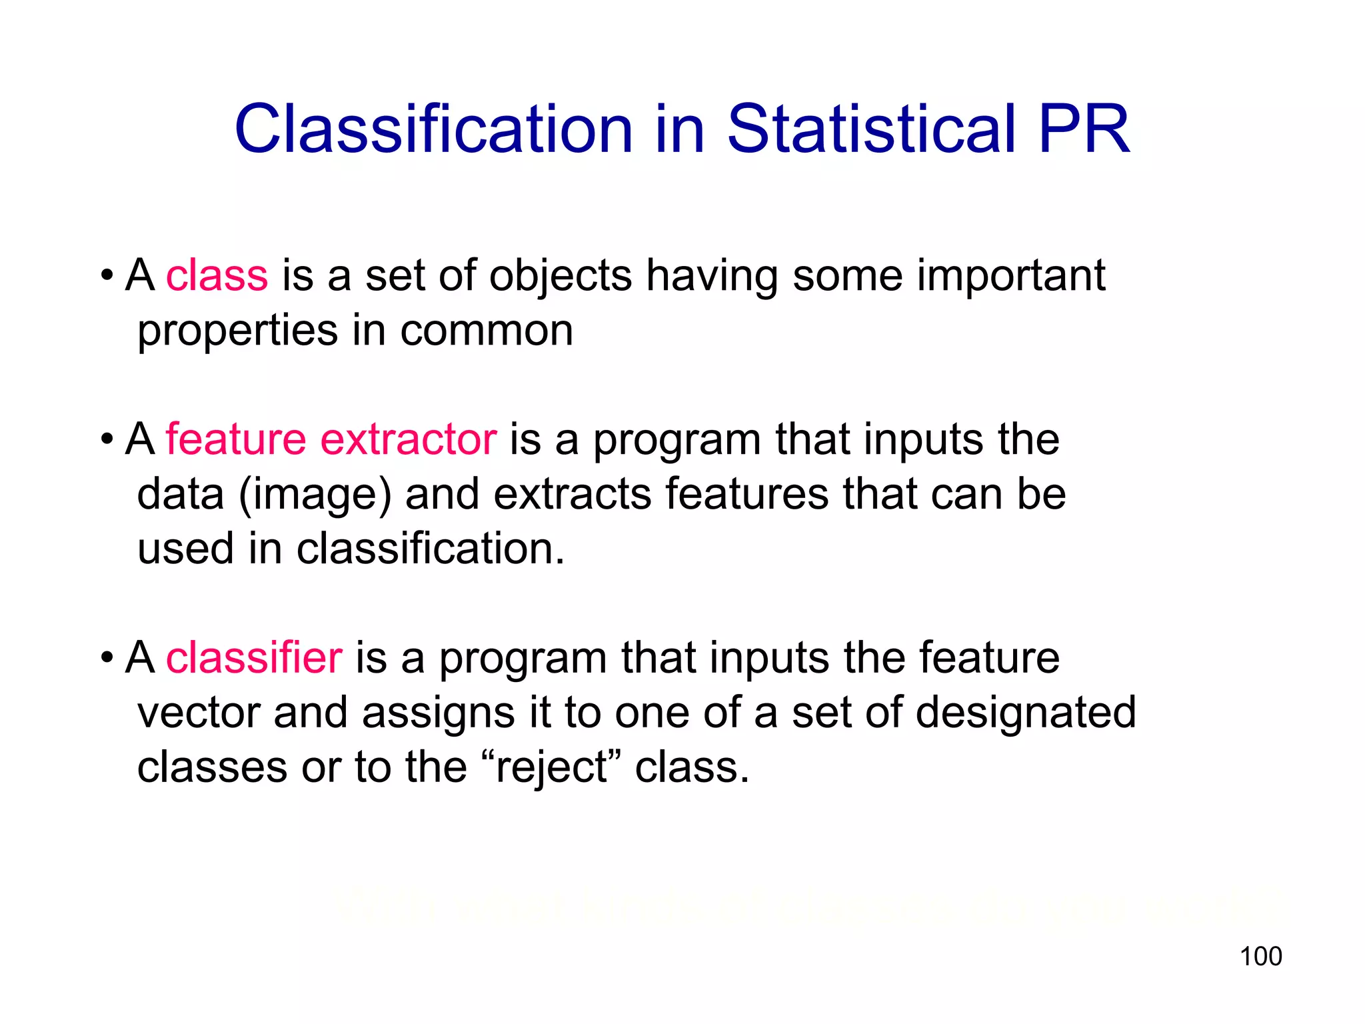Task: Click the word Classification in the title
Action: click(x=433, y=129)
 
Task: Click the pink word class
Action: click(x=217, y=275)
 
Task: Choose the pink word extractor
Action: click(x=409, y=440)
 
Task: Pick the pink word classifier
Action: click(x=254, y=657)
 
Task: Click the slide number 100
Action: click(x=1260, y=956)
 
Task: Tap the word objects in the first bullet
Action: click(x=561, y=276)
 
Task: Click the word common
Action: click(x=487, y=330)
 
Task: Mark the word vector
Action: click(x=199, y=712)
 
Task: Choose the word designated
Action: click(x=1026, y=712)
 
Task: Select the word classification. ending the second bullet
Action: click(x=431, y=549)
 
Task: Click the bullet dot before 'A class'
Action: click(x=107, y=275)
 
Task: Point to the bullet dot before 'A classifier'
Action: click(x=107, y=658)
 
